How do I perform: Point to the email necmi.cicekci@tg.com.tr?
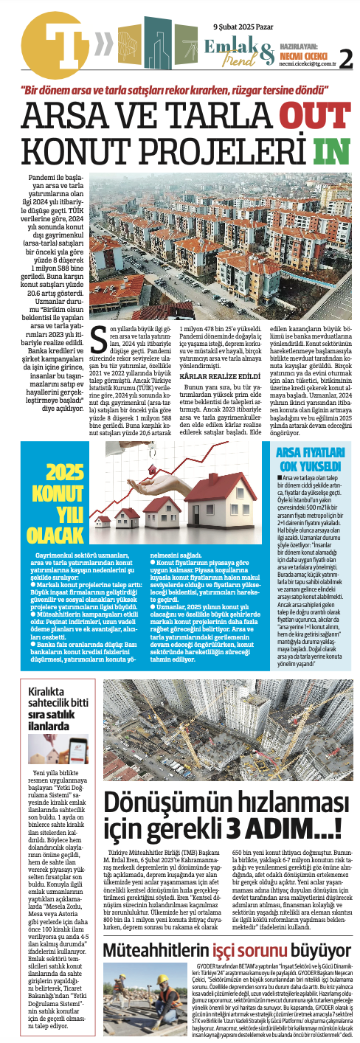(x=305, y=64)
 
